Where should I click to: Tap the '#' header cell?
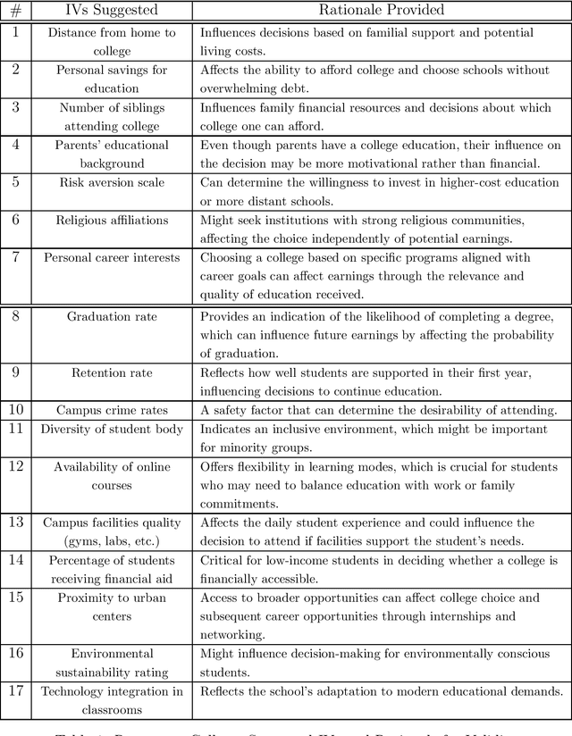(15, 10)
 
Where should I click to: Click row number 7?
(15, 257)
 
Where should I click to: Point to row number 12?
(15, 466)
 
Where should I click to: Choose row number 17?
(15, 690)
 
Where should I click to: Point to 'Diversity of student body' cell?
(112, 429)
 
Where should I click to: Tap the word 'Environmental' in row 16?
(112, 654)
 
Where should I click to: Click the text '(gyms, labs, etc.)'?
(112, 540)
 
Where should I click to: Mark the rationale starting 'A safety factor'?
(378, 410)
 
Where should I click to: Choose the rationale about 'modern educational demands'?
(382, 690)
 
